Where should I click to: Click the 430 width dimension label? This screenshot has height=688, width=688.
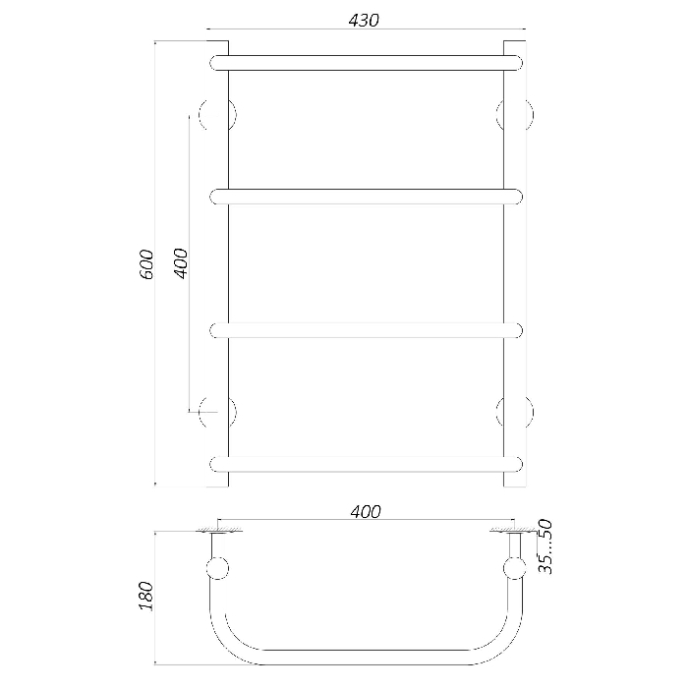pyautogui.click(x=364, y=21)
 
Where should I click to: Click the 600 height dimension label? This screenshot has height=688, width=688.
pyautogui.click(x=146, y=264)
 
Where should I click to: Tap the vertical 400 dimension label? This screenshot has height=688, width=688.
pyautogui.click(x=180, y=263)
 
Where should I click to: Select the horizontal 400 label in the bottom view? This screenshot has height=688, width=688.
pyautogui.click(x=366, y=512)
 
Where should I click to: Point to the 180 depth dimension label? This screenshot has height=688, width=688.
pyautogui.click(x=146, y=596)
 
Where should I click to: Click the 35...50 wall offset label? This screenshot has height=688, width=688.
pyautogui.click(x=545, y=546)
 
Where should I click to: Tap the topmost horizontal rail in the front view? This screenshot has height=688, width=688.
pyautogui.click(x=367, y=63)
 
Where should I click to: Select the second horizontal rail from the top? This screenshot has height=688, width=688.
pyautogui.click(x=367, y=197)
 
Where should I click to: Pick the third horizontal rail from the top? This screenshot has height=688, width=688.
pyautogui.click(x=367, y=330)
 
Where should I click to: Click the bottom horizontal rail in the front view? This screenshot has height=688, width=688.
pyautogui.click(x=367, y=464)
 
